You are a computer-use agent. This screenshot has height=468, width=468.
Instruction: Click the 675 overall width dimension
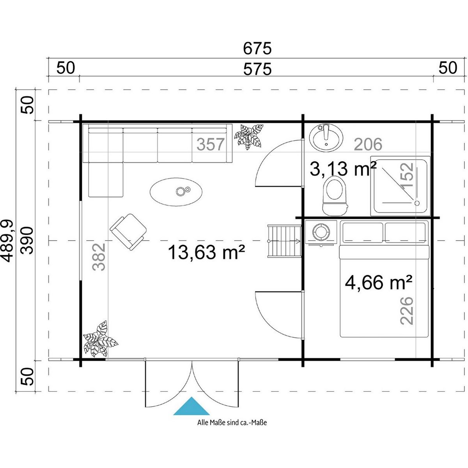click(x=257, y=49)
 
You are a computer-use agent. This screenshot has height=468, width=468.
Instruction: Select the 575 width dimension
click(x=257, y=69)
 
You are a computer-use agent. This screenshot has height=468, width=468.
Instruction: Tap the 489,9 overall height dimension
click(x=8, y=241)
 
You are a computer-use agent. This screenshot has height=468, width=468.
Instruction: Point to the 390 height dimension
click(x=26, y=241)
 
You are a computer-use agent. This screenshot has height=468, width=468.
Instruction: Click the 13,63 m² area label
click(x=206, y=252)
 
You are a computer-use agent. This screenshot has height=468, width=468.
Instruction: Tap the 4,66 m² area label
click(x=379, y=282)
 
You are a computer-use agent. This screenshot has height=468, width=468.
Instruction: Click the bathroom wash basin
click(x=326, y=138)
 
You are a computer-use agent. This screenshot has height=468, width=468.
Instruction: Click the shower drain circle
click(x=417, y=203)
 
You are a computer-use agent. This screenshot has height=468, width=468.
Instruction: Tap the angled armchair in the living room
click(x=128, y=231)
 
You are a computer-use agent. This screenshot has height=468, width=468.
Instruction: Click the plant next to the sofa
click(x=248, y=136)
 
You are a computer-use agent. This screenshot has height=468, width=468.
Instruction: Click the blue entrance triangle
click(x=191, y=406)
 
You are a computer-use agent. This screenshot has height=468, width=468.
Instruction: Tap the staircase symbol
click(x=284, y=241)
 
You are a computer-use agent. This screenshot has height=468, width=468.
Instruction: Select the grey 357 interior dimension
click(x=210, y=144)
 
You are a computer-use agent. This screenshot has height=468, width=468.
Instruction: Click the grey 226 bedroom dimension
click(x=406, y=310)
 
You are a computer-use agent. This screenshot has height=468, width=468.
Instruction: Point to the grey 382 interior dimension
click(x=99, y=257)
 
